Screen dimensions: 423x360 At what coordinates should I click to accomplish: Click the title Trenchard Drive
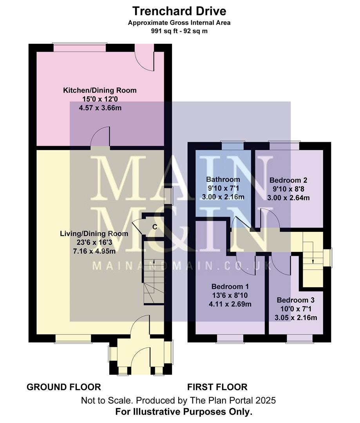pyautogui.click(x=179, y=11)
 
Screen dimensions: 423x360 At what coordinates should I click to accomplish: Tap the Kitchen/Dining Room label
pyautogui.click(x=100, y=90)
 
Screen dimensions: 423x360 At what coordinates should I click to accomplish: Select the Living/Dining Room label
pyautogui.click(x=94, y=234)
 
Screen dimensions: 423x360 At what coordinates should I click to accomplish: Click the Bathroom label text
pyautogui.click(x=223, y=180)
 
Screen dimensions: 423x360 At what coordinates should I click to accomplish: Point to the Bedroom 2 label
pyautogui.click(x=288, y=181)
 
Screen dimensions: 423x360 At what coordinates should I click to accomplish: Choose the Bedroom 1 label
pyautogui.click(x=230, y=286)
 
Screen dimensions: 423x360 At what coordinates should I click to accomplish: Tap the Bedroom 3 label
pyautogui.click(x=296, y=300)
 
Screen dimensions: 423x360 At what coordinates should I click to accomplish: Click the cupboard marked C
pyautogui.click(x=155, y=226)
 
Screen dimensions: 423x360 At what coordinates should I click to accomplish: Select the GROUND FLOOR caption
pyautogui.click(x=64, y=387)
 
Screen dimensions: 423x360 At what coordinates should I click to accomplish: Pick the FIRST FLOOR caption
pyautogui.click(x=217, y=387)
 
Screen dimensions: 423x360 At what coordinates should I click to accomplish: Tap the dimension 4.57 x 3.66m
pyautogui.click(x=100, y=108)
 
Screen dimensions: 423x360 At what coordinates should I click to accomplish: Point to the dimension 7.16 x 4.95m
pyautogui.click(x=94, y=251)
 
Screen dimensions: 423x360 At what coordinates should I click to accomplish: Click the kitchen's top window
pyautogui.click(x=80, y=48)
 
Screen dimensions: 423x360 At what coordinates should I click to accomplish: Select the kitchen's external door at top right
pyautogui.click(x=145, y=57)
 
